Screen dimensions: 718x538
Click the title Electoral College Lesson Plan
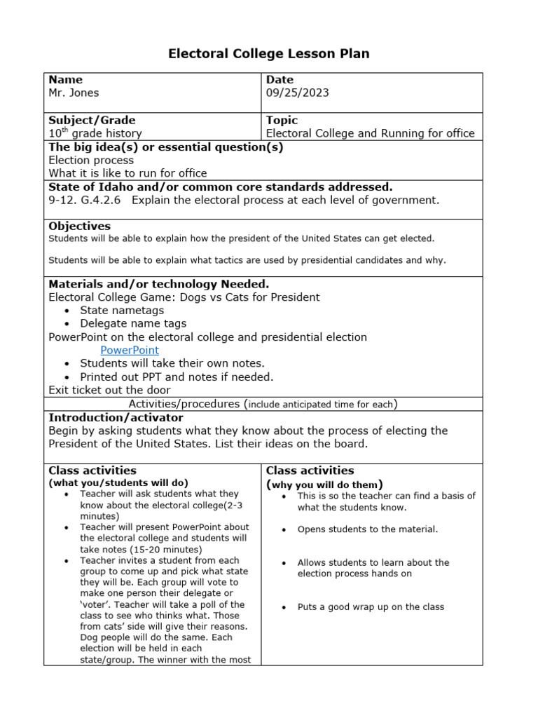269,53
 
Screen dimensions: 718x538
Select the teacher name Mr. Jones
74,93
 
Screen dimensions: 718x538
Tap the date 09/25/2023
297,93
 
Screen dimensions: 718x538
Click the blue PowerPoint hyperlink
130,350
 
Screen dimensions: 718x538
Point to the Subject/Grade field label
92,120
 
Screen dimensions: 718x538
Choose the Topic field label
282,120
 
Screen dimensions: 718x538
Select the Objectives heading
79,226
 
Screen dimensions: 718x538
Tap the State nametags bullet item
122,310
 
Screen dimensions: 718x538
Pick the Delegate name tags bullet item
133,323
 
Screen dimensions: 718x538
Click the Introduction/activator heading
116,417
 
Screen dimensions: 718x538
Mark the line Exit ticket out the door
109,390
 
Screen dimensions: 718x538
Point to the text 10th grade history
95,133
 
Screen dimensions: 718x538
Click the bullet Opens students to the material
367,529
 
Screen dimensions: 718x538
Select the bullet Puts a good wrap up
371,607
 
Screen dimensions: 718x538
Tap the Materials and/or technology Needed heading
158,284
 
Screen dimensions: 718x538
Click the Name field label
65,79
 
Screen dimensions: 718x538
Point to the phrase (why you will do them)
324,485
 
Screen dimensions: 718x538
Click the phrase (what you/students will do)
118,483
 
